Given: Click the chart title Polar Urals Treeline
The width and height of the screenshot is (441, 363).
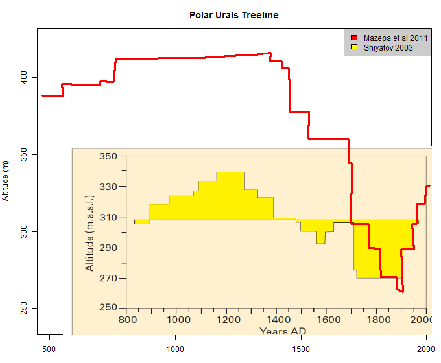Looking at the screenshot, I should coord(233,14).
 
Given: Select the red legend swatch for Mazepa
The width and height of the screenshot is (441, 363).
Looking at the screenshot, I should coord(354,38).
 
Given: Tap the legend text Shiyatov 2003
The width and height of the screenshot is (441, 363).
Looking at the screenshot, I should coord(388,47).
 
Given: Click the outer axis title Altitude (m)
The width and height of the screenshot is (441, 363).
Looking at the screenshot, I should coord(6,181).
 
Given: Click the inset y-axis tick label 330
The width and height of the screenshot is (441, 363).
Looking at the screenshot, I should coord(108,187).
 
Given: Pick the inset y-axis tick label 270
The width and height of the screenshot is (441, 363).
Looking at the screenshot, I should coord(108,279).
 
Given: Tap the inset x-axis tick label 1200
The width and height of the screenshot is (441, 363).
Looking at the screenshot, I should coord(226,320).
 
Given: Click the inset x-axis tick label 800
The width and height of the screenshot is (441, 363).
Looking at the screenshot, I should coord(126,320).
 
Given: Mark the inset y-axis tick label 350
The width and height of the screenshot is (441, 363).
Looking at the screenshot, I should coord(108,157).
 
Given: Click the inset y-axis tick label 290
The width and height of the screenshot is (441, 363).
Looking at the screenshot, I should coord(108,248).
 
